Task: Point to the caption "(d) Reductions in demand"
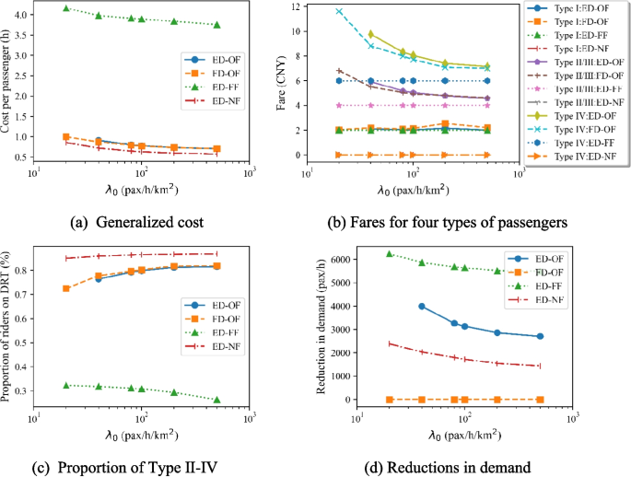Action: click(454, 467)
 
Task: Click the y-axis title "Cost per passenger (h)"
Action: click(8, 84)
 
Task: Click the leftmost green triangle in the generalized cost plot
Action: click(65, 8)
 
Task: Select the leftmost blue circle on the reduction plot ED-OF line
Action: click(422, 307)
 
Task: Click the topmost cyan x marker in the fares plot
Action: click(339, 12)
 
